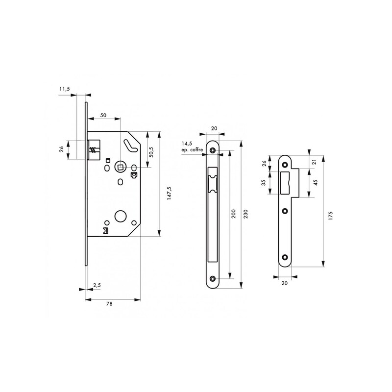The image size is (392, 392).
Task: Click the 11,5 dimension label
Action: pos(65,89)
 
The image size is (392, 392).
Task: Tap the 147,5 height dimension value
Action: pos(169,193)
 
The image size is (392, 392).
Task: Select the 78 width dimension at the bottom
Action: pos(109,304)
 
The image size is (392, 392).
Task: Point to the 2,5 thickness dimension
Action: pos(97,285)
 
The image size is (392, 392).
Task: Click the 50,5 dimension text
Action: pos(151,152)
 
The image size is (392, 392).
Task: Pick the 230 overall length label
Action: pos(245,214)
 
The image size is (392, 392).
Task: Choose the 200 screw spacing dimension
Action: pos(234,214)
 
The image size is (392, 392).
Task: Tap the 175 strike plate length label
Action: pos(331,216)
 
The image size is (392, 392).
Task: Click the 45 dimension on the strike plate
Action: pos(315,182)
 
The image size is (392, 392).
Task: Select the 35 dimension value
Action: pos(263,182)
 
